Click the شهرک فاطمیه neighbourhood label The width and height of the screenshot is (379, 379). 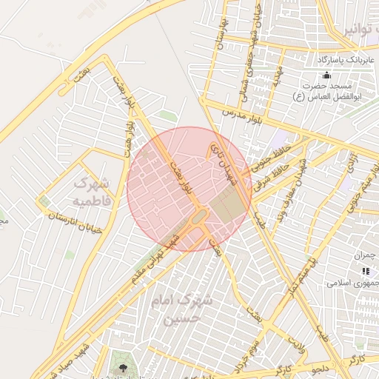(x=93, y=191)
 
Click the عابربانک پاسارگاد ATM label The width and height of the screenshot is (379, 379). (x=348, y=59)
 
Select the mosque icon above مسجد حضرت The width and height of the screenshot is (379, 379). (x=327, y=75)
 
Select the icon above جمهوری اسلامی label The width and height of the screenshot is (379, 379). (x=365, y=272)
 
